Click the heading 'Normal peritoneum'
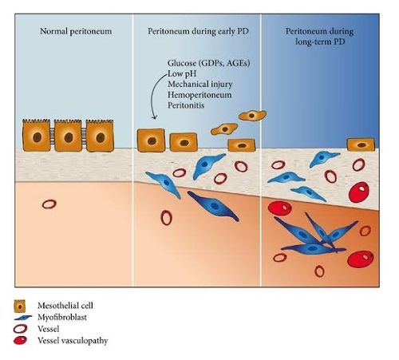click(x=76, y=31)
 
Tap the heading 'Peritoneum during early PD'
click(x=198, y=31)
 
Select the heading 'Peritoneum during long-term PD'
click(x=320, y=37)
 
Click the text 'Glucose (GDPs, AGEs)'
click(x=209, y=63)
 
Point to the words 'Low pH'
click(x=182, y=73)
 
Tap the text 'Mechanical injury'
click(x=200, y=84)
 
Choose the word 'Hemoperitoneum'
click(x=199, y=95)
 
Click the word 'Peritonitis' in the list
click(x=186, y=105)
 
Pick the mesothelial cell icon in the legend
click(x=20, y=307)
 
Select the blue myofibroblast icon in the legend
click(x=22, y=318)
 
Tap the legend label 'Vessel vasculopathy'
click(x=73, y=341)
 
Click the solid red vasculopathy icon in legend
click(x=20, y=341)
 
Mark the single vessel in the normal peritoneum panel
click(x=49, y=204)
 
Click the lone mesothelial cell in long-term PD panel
click(x=361, y=144)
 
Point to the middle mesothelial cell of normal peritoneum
click(x=68, y=136)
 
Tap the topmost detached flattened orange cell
click(x=252, y=116)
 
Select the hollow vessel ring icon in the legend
click(x=20, y=329)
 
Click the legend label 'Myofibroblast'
click(x=62, y=318)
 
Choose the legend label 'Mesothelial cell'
click(x=65, y=306)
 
